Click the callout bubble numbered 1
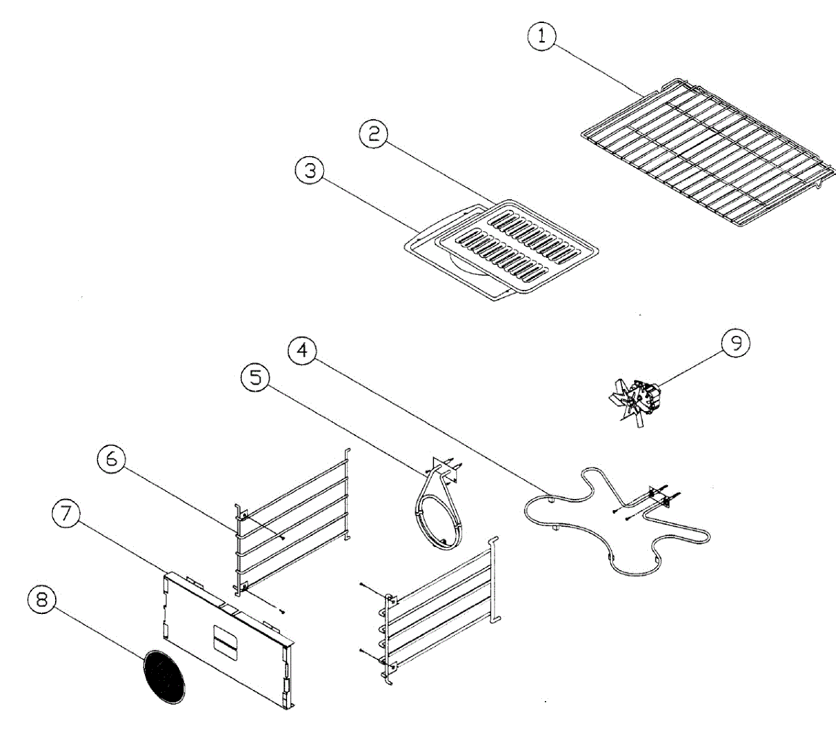(x=541, y=37)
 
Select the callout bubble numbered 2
(x=374, y=133)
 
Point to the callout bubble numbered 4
(x=302, y=350)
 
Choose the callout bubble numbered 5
(x=255, y=379)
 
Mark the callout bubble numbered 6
(x=111, y=459)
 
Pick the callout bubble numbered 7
(x=65, y=514)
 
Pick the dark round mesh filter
(x=164, y=676)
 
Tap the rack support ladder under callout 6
(x=293, y=519)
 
